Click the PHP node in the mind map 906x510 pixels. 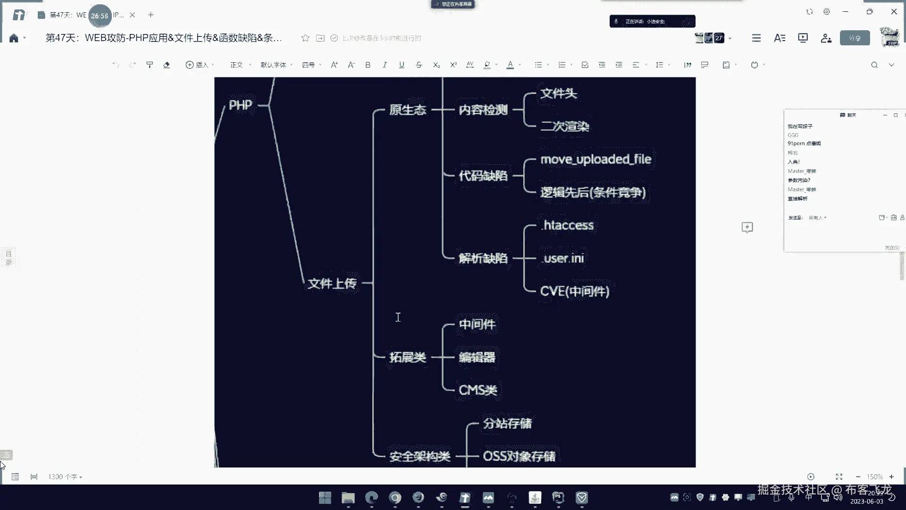click(240, 105)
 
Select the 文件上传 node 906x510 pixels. click(332, 283)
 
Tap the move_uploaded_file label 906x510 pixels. click(596, 160)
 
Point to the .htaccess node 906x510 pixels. click(568, 225)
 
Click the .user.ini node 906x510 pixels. click(563, 258)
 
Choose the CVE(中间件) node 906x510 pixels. click(574, 291)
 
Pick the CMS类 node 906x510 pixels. click(478, 390)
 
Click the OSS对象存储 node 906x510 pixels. click(519, 456)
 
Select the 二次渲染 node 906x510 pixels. click(564, 127)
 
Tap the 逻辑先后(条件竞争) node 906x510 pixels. click(593, 193)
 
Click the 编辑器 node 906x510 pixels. click(477, 357)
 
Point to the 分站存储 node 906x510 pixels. click(507, 424)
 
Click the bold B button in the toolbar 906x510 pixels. click(368, 65)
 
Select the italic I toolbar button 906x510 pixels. click(385, 65)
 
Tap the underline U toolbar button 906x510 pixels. click(402, 65)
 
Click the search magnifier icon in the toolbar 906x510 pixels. click(874, 65)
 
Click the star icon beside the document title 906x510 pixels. click(305, 38)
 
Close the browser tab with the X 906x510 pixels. click(133, 15)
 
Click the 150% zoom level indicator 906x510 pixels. click(874, 477)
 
